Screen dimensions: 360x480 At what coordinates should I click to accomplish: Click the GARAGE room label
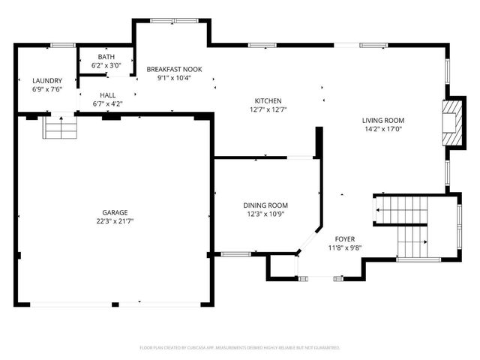coord(115,212)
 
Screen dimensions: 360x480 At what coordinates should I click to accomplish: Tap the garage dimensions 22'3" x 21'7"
coord(115,221)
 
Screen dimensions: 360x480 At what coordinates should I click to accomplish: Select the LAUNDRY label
coord(46,80)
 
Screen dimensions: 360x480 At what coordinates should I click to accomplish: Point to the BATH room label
coord(106,57)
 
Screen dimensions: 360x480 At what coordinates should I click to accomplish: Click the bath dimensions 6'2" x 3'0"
coord(106,66)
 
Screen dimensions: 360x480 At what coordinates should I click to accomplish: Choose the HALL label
coord(107,95)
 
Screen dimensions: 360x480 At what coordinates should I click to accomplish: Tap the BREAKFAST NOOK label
coord(174,68)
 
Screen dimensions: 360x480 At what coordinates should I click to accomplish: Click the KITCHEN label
coord(268,100)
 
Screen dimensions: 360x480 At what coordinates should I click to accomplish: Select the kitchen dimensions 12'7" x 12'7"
coord(268,109)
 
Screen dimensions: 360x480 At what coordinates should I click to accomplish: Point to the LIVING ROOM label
coord(383,120)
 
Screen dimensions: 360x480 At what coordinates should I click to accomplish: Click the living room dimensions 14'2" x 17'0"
coord(383,129)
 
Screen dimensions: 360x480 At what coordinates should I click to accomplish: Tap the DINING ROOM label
coord(265,205)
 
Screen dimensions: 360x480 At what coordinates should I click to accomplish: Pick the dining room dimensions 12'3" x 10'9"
coord(265,214)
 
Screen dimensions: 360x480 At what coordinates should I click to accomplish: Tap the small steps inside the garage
coord(60,129)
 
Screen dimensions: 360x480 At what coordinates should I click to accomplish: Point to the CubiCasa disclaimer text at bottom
coord(240,348)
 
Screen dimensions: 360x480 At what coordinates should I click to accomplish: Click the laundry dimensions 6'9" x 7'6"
coord(46,89)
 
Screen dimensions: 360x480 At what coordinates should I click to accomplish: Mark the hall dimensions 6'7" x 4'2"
coord(107,104)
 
